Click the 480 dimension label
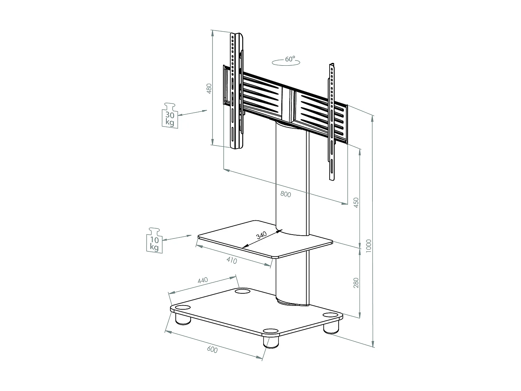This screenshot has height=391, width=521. click(209, 89)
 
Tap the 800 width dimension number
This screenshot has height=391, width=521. click(286, 194)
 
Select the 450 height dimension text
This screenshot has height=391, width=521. click(356, 203)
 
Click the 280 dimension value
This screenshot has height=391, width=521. click(356, 283)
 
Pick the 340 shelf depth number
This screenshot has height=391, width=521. click(261, 236)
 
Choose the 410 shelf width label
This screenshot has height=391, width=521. click(231, 260)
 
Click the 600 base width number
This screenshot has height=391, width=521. click(212, 350)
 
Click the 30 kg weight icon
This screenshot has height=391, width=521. click(170, 116)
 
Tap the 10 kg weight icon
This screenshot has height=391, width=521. click(154, 241)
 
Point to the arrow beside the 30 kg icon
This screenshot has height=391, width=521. click(192, 113)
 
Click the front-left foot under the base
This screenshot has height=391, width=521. click(183, 319)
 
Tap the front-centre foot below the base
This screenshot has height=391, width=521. click(271, 341)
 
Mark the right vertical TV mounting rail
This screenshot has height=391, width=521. click(332, 122)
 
